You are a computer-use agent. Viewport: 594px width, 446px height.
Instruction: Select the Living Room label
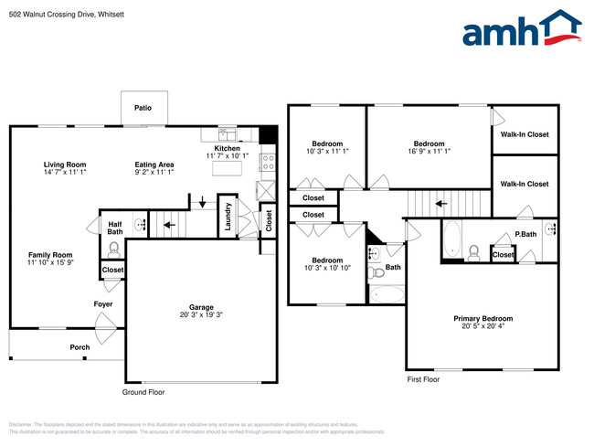(x=64, y=165)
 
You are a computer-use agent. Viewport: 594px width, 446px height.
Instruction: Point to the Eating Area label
(x=154, y=165)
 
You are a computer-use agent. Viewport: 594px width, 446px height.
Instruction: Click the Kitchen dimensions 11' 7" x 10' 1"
(x=228, y=156)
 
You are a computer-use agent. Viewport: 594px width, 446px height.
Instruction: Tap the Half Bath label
(x=115, y=228)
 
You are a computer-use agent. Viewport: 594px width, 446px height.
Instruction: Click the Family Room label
(x=50, y=255)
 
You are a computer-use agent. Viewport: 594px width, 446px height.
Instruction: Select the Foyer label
(x=103, y=303)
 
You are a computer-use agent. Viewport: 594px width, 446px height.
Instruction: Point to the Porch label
(x=80, y=347)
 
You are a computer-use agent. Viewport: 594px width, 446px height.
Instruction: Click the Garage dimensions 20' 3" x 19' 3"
(x=201, y=314)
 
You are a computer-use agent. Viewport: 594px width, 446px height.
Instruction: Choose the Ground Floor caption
(x=144, y=392)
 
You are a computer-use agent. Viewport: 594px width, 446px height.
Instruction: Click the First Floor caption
(x=423, y=378)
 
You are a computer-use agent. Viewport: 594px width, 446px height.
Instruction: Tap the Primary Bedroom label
(x=483, y=318)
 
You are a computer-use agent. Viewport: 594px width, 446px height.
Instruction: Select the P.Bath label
(x=525, y=234)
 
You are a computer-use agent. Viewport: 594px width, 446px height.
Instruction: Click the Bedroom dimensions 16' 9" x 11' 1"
(x=429, y=151)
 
